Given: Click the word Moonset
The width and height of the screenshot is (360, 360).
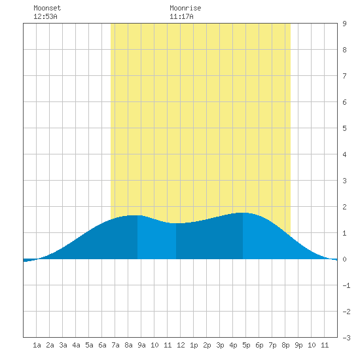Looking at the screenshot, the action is pyautogui.click(x=47, y=8).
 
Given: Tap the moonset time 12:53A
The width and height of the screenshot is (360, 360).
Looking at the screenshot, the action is pyautogui.click(x=45, y=16).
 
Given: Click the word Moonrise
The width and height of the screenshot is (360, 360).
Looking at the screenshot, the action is pyautogui.click(x=185, y=8).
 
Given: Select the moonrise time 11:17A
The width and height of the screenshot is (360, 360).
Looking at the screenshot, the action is pyautogui.click(x=181, y=16).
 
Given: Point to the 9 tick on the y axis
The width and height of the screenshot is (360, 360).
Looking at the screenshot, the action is pyautogui.click(x=344, y=24).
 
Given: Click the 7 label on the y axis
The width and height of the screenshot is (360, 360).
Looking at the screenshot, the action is pyautogui.click(x=344, y=76).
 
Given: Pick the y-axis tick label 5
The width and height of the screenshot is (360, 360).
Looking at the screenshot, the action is pyautogui.click(x=344, y=128).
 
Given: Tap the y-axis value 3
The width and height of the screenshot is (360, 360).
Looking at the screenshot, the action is pyautogui.click(x=344, y=181).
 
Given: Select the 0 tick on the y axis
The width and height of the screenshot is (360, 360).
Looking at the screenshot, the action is pyautogui.click(x=344, y=259).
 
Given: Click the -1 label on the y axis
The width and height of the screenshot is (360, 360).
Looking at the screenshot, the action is pyautogui.click(x=346, y=285).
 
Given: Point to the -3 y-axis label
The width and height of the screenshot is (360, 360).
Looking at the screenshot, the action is pyautogui.click(x=346, y=338).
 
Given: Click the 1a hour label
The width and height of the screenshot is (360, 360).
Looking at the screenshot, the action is pyautogui.click(x=37, y=345).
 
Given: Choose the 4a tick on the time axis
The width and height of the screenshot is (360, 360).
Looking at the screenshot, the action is pyautogui.click(x=76, y=345).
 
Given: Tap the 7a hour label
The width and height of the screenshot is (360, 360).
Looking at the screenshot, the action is pyautogui.click(x=115, y=345).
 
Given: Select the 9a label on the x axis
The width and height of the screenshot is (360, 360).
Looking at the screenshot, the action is pyautogui.click(x=141, y=345).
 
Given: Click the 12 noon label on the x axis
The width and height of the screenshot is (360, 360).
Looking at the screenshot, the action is pyautogui.click(x=181, y=345).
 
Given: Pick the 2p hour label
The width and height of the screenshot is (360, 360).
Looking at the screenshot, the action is pyautogui.click(x=207, y=345).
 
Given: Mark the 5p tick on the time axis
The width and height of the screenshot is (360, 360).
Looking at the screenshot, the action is pyautogui.click(x=246, y=345).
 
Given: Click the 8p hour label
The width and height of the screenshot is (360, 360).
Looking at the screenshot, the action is pyautogui.click(x=285, y=345).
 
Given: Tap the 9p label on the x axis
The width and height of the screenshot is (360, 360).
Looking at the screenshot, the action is pyautogui.click(x=298, y=345).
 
